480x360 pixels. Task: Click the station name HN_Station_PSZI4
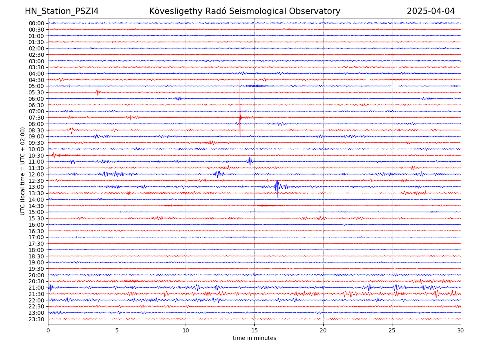(62, 11)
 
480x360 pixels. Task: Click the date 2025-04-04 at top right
(431, 11)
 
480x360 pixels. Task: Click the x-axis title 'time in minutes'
(254, 338)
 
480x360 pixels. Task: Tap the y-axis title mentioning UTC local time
(23, 171)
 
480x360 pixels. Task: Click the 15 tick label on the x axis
(254, 330)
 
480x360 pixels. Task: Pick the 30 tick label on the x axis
(461, 330)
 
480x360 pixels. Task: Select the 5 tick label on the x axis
(117, 330)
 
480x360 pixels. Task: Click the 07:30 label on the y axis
(36, 118)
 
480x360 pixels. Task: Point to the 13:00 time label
(36, 187)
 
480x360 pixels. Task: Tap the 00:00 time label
(36, 23)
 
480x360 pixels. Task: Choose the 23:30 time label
(36, 319)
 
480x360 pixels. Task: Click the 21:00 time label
(36, 288)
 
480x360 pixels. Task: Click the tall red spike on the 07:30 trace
(240, 117)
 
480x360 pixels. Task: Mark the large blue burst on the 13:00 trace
(277, 187)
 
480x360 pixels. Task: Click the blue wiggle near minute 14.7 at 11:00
(250, 161)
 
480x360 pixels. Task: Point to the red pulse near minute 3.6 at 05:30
(98, 92)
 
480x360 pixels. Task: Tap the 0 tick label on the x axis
(48, 330)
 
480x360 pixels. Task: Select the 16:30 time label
(36, 231)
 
